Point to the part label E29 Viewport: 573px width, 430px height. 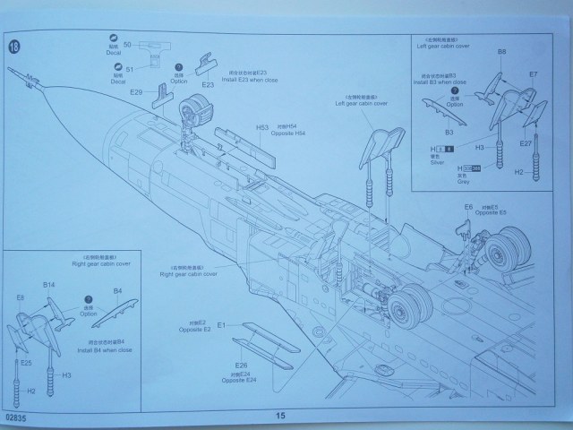point(137,92)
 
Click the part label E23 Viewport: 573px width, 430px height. point(207,86)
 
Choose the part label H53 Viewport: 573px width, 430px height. point(262,127)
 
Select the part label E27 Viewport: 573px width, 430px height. point(526,143)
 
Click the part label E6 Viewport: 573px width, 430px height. point(467,208)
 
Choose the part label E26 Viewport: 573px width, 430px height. point(241,365)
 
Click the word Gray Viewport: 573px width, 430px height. point(463,182)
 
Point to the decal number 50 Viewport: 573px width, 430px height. point(128,44)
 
